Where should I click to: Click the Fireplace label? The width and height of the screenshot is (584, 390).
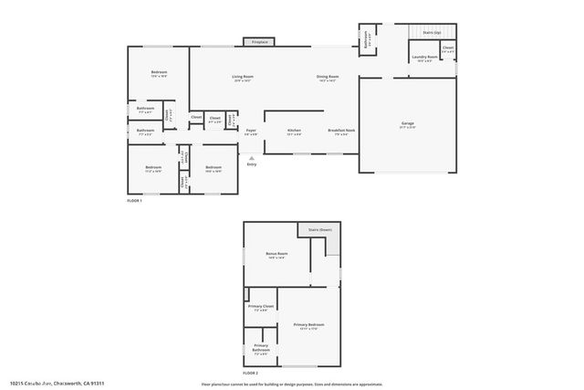coord(260,42)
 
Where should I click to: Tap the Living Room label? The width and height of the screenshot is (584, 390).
coord(242,77)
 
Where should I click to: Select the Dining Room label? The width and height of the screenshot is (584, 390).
coord(328,77)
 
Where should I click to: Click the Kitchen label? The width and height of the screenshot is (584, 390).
coord(294,131)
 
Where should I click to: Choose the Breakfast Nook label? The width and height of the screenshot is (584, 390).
coord(341,131)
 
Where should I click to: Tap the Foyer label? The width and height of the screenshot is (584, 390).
coord(250,131)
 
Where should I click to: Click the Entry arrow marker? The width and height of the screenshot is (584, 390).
coord(251,157)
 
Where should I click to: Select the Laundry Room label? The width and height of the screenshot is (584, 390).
coord(424,58)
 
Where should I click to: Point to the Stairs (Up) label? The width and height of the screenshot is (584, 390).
coord(433,32)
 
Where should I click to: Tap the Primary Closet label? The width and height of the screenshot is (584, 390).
coord(261,306)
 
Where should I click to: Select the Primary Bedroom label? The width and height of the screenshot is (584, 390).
coord(308,325)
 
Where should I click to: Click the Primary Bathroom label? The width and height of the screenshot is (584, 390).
coord(260,346)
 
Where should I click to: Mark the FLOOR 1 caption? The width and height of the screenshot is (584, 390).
coord(134,200)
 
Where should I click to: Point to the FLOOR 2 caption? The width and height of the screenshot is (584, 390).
coord(250,374)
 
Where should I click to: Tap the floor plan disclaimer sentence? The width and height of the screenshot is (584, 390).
coord(292,384)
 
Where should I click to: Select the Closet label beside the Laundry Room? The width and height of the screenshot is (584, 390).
coord(448,47)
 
